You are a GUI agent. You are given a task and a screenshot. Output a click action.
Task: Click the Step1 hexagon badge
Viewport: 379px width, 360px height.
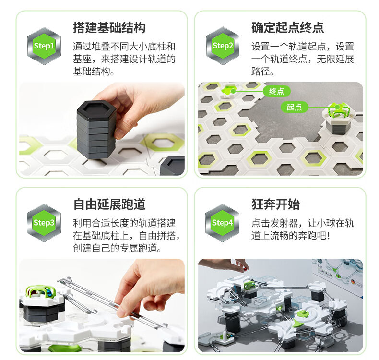[44, 46]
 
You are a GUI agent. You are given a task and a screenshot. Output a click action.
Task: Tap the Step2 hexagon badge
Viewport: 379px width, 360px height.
[223, 46]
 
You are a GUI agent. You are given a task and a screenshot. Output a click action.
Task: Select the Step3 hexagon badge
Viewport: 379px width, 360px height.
[44, 223]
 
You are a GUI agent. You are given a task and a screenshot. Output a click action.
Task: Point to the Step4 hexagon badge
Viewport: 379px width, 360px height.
[223, 223]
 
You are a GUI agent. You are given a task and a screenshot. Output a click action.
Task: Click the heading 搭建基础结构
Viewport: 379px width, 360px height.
[109, 27]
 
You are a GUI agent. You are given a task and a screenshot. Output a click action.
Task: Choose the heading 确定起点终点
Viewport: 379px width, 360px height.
[288, 27]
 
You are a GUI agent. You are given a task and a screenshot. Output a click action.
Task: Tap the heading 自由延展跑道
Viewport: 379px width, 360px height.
[109, 204]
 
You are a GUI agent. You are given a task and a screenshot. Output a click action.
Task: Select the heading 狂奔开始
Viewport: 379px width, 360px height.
[275, 204]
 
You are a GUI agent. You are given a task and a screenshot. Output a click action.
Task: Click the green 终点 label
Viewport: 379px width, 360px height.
[276, 91]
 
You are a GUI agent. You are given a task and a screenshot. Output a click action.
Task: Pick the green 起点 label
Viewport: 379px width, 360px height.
[294, 107]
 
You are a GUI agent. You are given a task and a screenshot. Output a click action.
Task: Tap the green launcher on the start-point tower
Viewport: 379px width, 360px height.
[339, 110]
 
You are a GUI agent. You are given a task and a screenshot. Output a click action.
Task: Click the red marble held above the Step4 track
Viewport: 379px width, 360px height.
[244, 269]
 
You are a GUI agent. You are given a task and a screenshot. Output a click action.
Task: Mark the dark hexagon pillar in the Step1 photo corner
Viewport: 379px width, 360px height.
[173, 166]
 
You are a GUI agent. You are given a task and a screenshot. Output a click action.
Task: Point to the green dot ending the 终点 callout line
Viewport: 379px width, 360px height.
[233, 91]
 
